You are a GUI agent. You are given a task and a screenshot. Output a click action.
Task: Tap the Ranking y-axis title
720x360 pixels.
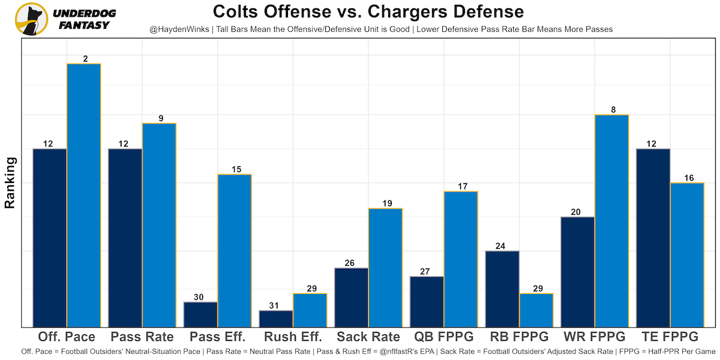pyautogui.click(x=10, y=182)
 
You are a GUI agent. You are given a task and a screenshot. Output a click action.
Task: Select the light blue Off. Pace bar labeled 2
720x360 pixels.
pyautogui.click(x=83, y=195)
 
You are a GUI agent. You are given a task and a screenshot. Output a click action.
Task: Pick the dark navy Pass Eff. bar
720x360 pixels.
pyautogui.click(x=200, y=314)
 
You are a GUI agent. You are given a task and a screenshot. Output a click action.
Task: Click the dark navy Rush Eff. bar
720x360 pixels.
pyautogui.click(x=276, y=319)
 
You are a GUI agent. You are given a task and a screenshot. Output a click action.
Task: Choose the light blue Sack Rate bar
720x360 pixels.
pyautogui.click(x=385, y=268)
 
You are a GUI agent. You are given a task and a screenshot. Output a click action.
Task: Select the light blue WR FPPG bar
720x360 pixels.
pyautogui.click(x=611, y=221)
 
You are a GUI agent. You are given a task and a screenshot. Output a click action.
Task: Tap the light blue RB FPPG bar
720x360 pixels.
pyautogui.click(x=536, y=310)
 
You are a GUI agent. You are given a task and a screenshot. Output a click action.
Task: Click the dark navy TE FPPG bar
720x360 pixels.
pyautogui.click(x=653, y=238)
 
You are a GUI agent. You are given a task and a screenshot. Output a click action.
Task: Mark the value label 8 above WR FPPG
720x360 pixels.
pyautogui.click(x=611, y=110)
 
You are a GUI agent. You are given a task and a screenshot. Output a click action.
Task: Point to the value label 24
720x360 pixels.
pyautogui.click(x=502, y=246)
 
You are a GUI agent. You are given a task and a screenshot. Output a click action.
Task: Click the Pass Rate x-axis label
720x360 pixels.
pyautogui.click(x=142, y=336)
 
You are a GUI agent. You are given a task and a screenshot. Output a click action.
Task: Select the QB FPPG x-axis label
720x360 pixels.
pyautogui.click(x=444, y=336)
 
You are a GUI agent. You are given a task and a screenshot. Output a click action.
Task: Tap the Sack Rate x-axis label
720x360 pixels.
pyautogui.click(x=368, y=336)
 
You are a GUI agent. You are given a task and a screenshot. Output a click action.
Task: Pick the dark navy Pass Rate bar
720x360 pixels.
pyautogui.click(x=125, y=238)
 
